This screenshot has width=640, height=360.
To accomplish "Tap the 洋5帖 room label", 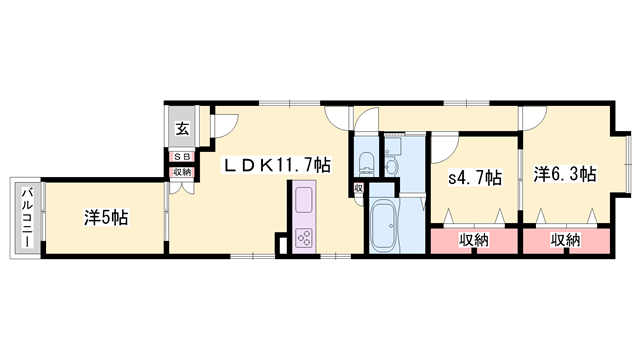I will click(x=103, y=217).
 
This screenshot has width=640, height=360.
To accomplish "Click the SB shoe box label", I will click(x=182, y=156).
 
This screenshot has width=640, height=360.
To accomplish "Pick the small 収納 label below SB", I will click(x=182, y=171).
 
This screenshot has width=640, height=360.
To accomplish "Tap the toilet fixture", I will click(x=366, y=162).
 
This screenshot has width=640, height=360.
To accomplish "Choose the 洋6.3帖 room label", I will click(x=564, y=174).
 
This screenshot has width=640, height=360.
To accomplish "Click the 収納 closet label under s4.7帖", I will click(x=474, y=240).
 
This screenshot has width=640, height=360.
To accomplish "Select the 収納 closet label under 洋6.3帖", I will click(x=565, y=240).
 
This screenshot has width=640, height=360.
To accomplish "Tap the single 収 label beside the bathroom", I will click(x=358, y=188).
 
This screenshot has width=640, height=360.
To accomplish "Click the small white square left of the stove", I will click(x=282, y=241).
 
